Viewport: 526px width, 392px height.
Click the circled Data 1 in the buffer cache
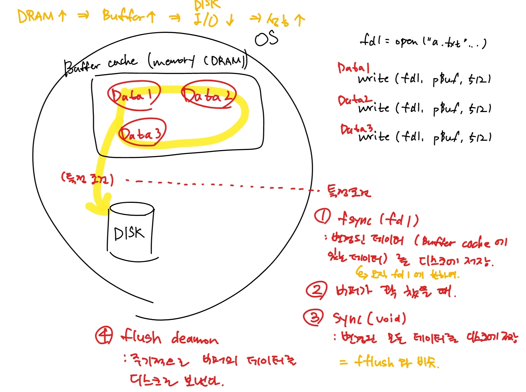134,95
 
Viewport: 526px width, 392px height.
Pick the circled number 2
316,290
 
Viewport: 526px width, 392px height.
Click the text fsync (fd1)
378,220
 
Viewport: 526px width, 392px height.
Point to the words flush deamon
170,338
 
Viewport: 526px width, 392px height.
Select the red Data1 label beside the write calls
353,68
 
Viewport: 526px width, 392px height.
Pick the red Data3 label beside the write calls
356,129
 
